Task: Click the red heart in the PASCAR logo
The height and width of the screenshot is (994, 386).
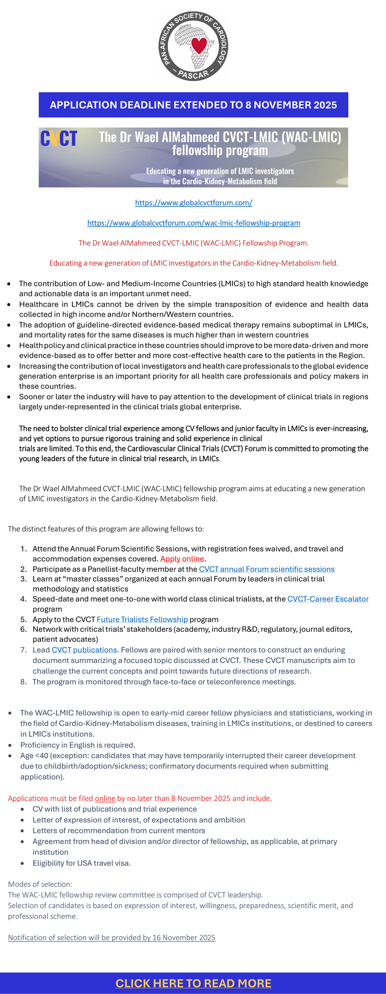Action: coord(199,45)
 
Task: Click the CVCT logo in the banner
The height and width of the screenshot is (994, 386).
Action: coord(59,138)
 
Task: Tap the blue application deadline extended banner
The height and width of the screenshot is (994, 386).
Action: coord(193,105)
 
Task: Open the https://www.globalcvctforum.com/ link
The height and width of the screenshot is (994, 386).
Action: coord(193,203)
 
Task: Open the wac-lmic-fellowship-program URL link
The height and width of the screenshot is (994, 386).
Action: coord(193,223)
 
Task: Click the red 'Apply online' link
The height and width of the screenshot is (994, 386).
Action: coord(182,559)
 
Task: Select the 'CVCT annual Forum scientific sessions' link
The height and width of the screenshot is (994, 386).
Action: coord(267,569)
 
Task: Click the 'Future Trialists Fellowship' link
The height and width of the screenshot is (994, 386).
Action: coord(142,619)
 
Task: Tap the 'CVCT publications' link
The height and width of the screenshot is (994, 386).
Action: coord(84,650)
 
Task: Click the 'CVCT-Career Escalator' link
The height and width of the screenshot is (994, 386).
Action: coord(328,599)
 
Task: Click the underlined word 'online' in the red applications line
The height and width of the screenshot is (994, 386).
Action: coord(105,798)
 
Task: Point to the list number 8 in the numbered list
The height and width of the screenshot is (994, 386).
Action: coord(24,682)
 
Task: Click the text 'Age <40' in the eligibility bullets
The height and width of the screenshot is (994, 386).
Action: coord(34,756)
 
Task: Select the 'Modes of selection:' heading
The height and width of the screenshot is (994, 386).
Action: coord(40,884)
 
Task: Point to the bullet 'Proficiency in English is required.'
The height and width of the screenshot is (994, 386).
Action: coord(78,745)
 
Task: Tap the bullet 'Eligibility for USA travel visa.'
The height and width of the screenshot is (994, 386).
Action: coord(82,863)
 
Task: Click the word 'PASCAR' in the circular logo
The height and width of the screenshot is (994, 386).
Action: coord(193,75)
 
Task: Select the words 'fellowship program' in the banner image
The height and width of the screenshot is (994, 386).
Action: coord(220,150)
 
